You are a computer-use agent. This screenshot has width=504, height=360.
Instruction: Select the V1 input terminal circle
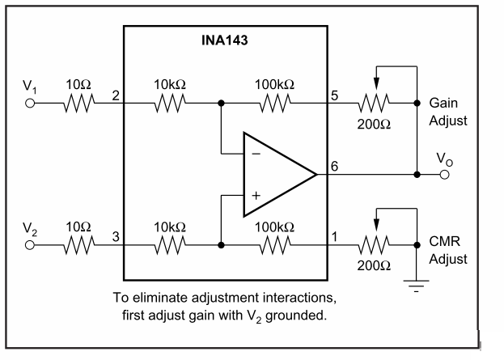pos(31,104)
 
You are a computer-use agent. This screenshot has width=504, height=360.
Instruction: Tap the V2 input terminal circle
pos(31,244)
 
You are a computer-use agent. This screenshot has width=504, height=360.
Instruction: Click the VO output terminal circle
pos(443,174)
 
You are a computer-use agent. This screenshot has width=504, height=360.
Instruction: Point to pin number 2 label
pos(116,95)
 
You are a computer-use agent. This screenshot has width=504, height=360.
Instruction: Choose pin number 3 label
pos(116,235)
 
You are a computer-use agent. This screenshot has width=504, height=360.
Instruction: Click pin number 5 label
pos(334,95)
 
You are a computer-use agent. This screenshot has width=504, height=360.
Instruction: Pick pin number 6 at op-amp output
pos(334,167)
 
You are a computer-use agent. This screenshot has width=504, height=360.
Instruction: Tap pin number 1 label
pos(334,235)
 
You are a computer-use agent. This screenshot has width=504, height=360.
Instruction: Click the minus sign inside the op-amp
pos(256,152)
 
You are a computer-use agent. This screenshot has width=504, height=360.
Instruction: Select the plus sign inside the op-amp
pos(256,195)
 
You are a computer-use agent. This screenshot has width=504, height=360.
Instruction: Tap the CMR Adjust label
pos(448,252)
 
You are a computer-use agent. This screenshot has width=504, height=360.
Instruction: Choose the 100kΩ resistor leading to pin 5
pos(275,104)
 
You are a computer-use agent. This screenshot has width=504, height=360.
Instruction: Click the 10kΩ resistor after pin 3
pos(170,244)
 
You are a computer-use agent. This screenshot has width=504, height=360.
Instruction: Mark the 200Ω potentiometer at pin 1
pos(374,244)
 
